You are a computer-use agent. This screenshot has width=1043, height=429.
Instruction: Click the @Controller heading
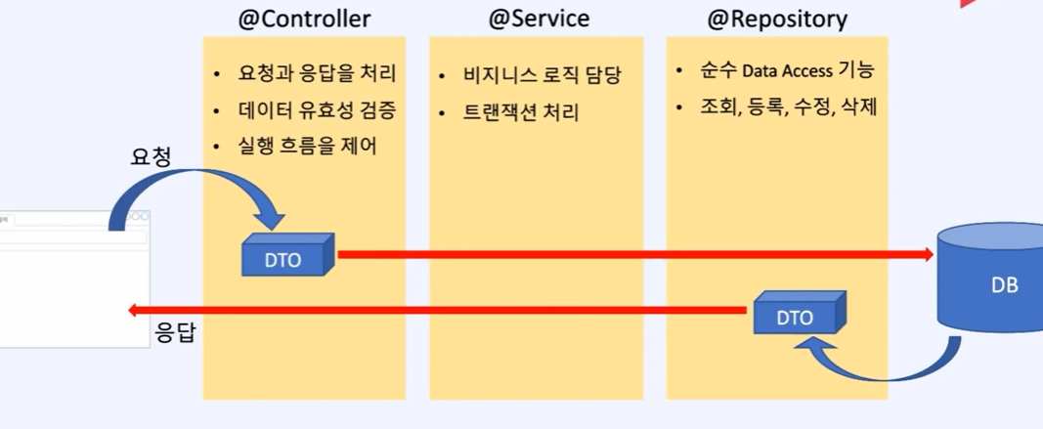point(304,19)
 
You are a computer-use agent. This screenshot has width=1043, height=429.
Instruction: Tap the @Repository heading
point(777,19)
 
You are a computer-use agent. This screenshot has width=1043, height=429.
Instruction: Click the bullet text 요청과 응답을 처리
point(317,74)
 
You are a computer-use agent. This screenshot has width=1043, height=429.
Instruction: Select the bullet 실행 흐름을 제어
point(307,146)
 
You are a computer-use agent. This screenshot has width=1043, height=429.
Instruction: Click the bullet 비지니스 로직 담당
point(542,75)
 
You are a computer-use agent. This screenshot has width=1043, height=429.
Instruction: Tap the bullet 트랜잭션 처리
point(521,112)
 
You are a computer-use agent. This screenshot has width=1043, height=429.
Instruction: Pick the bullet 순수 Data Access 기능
point(787,70)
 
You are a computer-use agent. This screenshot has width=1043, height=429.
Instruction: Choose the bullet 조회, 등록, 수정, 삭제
point(788,107)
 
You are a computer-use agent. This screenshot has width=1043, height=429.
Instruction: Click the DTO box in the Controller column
point(286,256)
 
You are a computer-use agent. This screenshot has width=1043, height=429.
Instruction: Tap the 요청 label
point(152,156)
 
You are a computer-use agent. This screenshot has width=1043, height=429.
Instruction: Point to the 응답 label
point(176,333)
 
